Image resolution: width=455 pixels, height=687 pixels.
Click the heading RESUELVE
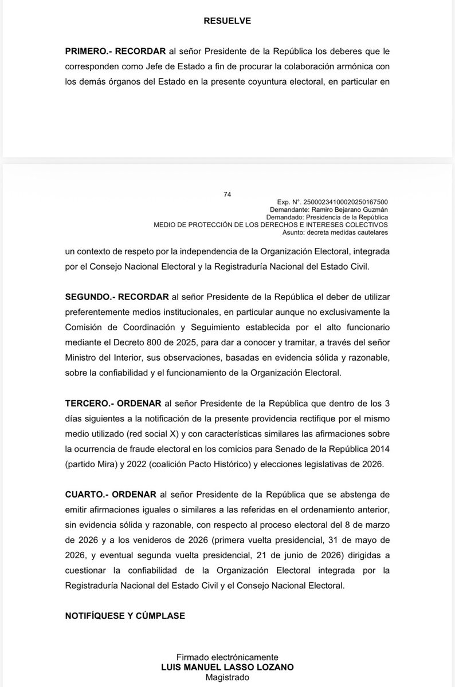227,21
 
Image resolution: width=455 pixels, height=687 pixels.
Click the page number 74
227,195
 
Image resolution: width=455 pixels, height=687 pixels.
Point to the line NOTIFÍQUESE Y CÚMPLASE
125,615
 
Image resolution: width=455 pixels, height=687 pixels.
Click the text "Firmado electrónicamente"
227,657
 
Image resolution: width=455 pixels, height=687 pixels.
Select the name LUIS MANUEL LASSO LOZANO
227,667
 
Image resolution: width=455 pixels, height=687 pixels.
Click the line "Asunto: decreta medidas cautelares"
335,232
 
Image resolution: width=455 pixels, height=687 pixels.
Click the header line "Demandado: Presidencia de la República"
328,218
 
